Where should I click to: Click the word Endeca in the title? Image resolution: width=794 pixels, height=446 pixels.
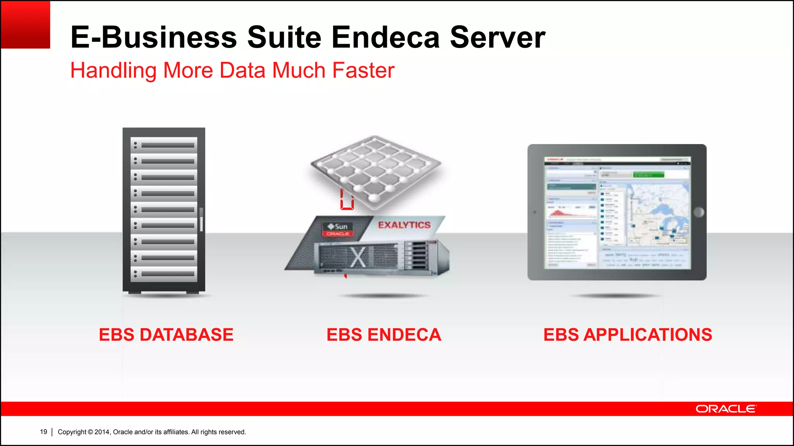(x=385, y=37)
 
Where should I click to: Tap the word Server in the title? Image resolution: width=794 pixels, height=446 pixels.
(x=497, y=37)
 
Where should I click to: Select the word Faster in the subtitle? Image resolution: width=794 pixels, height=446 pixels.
(x=363, y=70)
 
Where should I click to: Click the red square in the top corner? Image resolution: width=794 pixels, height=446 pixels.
(x=25, y=25)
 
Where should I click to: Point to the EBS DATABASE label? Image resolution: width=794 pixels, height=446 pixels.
(x=166, y=335)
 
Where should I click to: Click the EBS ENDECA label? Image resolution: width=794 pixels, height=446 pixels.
(x=384, y=335)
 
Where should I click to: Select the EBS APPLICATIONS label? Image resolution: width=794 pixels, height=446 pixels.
(x=628, y=335)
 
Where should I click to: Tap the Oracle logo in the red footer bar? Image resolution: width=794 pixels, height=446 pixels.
(x=726, y=409)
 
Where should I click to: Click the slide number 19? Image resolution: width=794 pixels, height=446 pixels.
(x=43, y=432)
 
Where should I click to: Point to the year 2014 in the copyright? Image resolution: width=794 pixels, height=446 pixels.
(x=102, y=432)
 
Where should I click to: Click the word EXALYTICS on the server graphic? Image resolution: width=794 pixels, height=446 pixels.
(x=404, y=225)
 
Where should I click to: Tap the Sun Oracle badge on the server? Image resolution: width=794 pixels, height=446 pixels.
(x=338, y=230)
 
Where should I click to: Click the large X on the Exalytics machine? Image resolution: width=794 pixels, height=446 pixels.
(x=358, y=257)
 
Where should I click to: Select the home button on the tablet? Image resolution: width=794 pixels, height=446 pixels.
(x=699, y=212)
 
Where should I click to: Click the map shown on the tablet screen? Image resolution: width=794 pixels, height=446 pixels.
(x=659, y=213)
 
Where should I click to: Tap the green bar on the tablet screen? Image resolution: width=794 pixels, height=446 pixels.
(x=648, y=175)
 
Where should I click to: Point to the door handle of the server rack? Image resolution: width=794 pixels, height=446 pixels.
(x=201, y=220)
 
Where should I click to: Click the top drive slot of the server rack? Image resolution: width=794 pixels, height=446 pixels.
(x=164, y=145)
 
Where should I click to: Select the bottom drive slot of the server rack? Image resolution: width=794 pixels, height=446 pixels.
(x=164, y=274)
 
